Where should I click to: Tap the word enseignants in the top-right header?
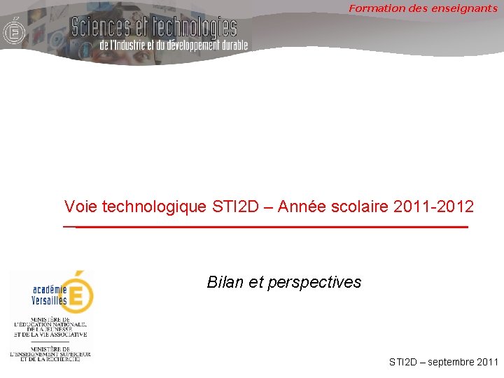point(465,8)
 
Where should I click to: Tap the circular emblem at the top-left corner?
point(13,32)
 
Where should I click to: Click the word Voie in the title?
point(80,206)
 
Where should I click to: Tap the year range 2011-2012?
point(434,206)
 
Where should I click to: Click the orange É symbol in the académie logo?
point(79,293)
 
